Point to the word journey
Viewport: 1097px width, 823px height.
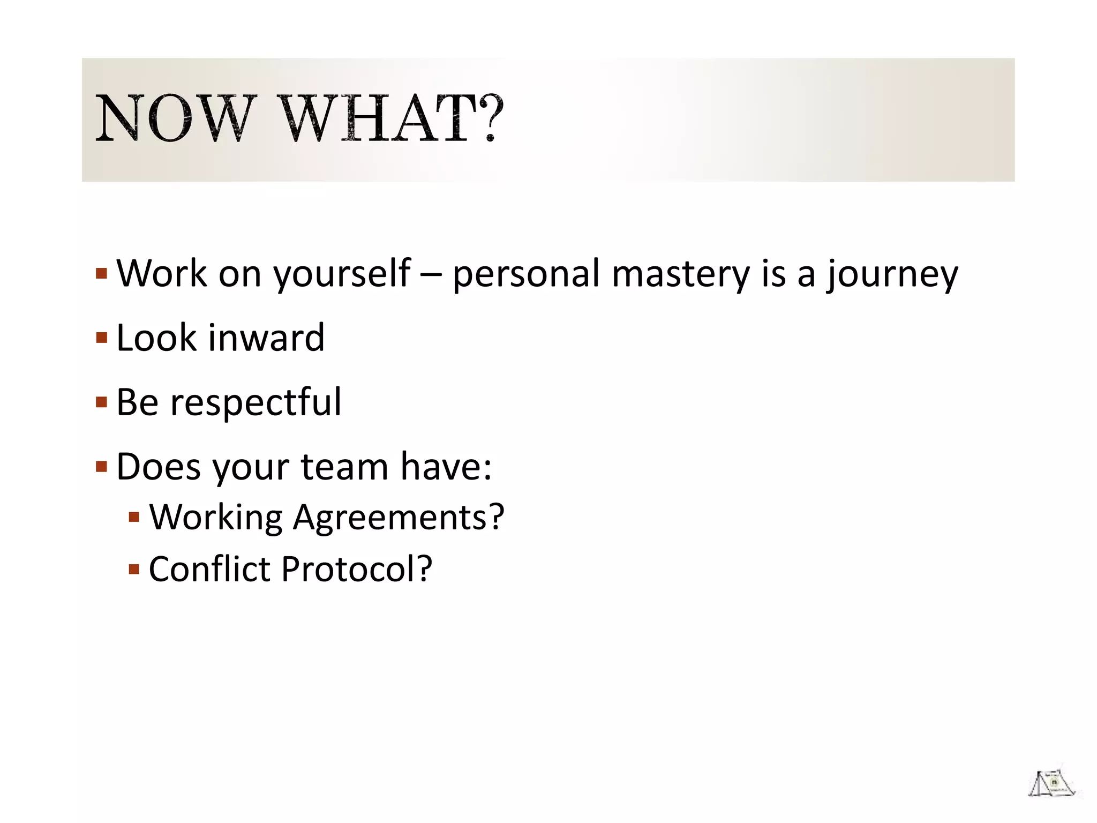[892, 274]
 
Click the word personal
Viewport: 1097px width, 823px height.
[525, 274]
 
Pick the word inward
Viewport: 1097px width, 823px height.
[266, 338]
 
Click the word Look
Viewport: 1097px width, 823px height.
[156, 338]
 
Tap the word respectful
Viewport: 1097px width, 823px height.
[255, 402]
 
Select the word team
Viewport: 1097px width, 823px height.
[344, 467]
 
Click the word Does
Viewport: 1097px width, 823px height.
[159, 467]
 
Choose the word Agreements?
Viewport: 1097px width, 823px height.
[399, 518]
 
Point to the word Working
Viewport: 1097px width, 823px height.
[215, 518]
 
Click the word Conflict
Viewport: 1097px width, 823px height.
[209, 568]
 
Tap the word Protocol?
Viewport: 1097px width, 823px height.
[357, 568]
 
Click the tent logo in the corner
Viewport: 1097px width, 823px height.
[1051, 784]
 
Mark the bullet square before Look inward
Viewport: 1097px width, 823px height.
[102, 338]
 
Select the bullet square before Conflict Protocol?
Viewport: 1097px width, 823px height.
[134, 568]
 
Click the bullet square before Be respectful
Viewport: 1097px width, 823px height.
[102, 402]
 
